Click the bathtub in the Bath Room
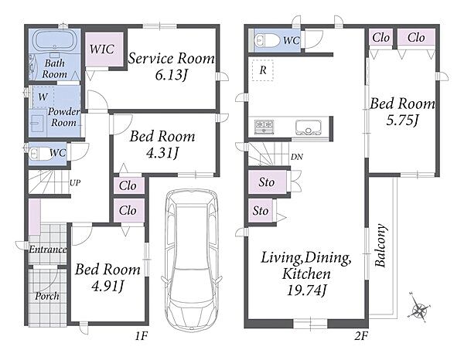55,40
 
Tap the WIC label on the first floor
102,49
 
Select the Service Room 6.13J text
171,66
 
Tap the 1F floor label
142,336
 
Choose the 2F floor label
361,336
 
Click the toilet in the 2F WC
267,40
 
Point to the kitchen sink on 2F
308,127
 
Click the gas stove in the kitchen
264,127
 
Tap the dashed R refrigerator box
263,70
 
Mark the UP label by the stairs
75,182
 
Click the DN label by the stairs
296,157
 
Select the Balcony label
380,246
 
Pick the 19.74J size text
306,290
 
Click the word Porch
47,296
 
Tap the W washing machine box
43,97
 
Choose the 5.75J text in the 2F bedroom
402,120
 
